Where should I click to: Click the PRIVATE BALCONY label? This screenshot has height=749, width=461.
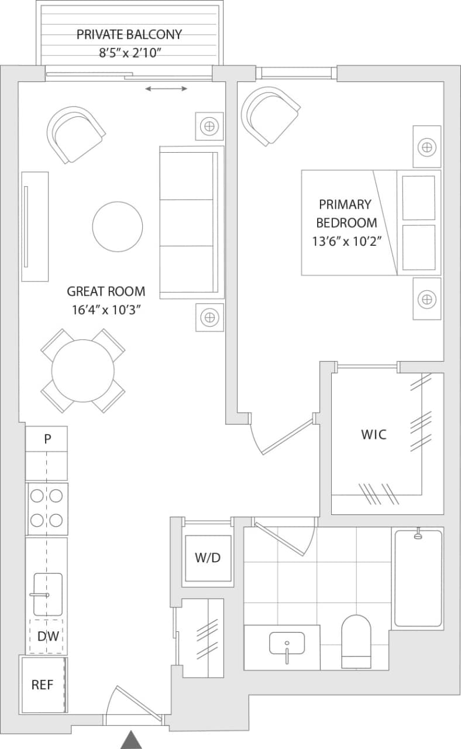pyautogui.click(x=129, y=35)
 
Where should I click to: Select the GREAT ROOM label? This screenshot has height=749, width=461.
pyautogui.click(x=106, y=291)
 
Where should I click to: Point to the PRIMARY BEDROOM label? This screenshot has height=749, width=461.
pyautogui.click(x=346, y=214)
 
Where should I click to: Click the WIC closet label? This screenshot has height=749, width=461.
pyautogui.click(x=373, y=435)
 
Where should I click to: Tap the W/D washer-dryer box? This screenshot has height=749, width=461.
pyautogui.click(x=208, y=558)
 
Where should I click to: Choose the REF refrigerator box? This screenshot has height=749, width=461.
pyautogui.click(x=43, y=685)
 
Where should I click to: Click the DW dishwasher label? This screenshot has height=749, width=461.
pyautogui.click(x=47, y=637)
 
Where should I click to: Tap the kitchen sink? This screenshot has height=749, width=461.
pyautogui.click(x=47, y=595)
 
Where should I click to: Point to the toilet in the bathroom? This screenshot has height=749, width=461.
pyautogui.click(x=356, y=641)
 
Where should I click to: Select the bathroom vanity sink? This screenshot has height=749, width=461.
pyautogui.click(x=287, y=644)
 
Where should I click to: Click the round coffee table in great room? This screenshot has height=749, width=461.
pyautogui.click(x=118, y=226)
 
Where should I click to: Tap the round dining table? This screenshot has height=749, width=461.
pyautogui.click(x=83, y=370)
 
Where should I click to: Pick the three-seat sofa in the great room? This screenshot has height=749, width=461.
pyautogui.click(x=191, y=222)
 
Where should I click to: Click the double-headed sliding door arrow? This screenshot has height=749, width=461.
pyautogui.click(x=167, y=89)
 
